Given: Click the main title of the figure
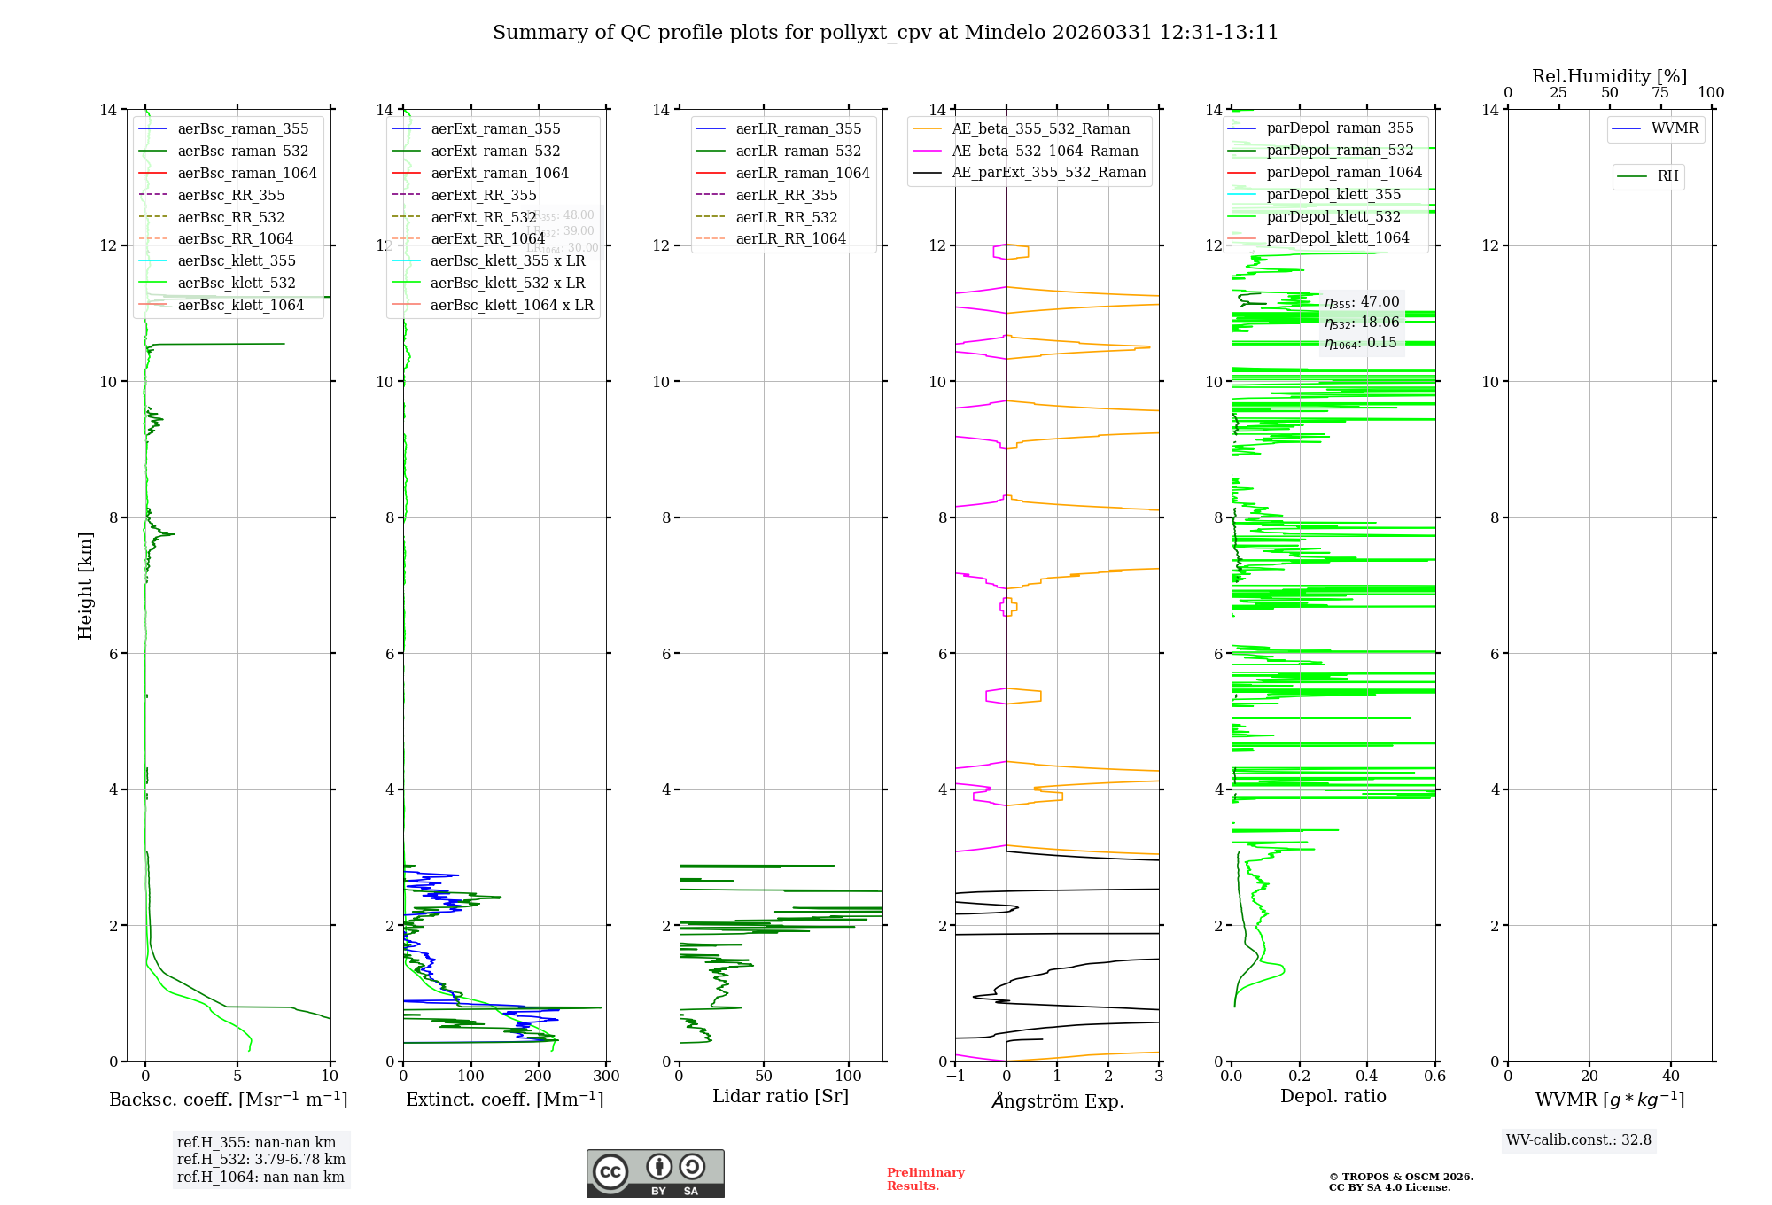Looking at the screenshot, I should click(885, 33).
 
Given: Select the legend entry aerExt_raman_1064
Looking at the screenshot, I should click(500, 173).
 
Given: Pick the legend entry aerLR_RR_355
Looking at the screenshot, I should click(786, 195).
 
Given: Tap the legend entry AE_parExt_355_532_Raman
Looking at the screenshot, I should click(1048, 172).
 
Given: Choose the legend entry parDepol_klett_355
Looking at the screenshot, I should click(1333, 194).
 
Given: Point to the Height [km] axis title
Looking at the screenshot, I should click(85, 585).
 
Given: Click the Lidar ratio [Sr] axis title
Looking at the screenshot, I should click(781, 1096).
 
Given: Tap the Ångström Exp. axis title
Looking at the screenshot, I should click(1057, 1100).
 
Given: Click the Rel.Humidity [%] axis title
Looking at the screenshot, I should click(1609, 76).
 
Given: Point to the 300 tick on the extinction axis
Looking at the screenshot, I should click(606, 1077).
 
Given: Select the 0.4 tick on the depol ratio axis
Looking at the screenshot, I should click(1367, 1077).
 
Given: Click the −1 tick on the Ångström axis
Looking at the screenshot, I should click(955, 1077).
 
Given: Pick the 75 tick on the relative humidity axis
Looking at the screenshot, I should click(1659, 93).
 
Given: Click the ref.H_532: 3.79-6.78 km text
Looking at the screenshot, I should click(260, 1159).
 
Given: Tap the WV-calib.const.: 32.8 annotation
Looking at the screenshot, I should click(1578, 1139).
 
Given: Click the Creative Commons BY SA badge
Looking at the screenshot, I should click(655, 1173).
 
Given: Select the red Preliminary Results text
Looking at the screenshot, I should click(925, 1178).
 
